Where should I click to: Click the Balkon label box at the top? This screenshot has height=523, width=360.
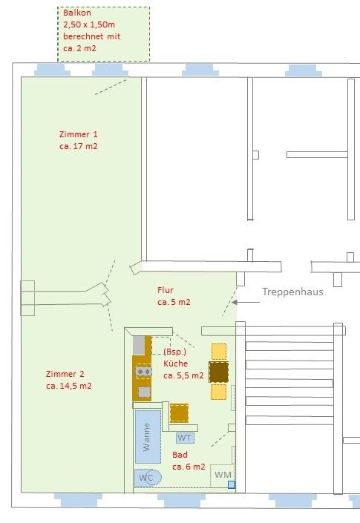[x=103, y=33]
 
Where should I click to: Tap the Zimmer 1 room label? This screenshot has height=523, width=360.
[x=79, y=134]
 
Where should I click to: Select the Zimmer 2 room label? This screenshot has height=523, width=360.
[x=65, y=374]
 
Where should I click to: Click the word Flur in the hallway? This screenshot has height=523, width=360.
[x=166, y=290]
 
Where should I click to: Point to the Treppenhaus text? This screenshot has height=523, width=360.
[x=292, y=292]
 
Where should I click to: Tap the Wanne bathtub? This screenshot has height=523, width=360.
[x=148, y=436]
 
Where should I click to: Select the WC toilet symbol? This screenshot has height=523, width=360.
[x=148, y=477]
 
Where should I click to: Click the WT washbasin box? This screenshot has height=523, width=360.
[x=184, y=438]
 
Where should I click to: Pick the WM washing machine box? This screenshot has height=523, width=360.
[x=223, y=475]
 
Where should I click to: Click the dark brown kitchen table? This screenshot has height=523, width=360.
[x=218, y=372]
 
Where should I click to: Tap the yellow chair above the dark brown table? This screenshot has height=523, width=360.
[x=218, y=351]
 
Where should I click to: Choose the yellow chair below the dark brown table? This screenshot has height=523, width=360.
[x=218, y=392]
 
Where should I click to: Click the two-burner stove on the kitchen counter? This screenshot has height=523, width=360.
[x=143, y=371]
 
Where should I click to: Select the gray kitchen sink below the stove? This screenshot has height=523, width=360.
[x=144, y=391]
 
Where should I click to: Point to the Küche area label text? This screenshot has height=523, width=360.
[x=176, y=364]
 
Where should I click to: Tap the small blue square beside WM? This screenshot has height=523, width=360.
[x=232, y=484]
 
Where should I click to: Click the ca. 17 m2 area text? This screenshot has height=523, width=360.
[x=79, y=147]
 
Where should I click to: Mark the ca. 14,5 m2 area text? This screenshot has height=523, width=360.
[x=68, y=386]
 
